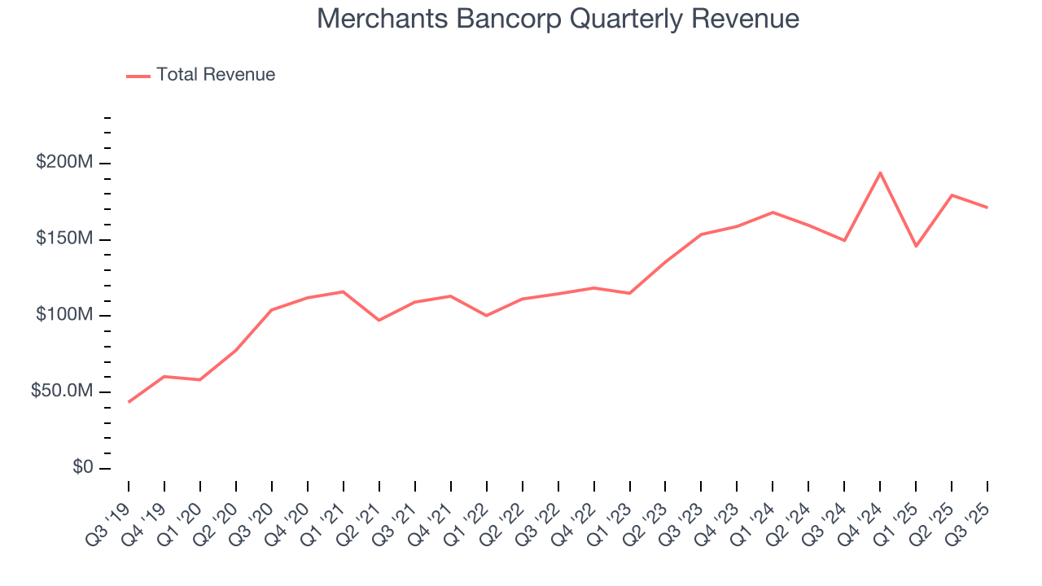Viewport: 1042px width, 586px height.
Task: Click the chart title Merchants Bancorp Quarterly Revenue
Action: click(558, 19)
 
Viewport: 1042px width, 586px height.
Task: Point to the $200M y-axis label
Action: click(63, 163)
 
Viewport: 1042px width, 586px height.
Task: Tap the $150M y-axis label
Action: click(63, 239)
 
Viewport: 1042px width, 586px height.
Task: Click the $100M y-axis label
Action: click(63, 315)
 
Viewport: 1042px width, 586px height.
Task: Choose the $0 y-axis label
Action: click(81, 468)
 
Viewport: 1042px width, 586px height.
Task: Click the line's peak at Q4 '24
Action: click(880, 173)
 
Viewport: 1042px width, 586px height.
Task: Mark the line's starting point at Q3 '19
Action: click(129, 402)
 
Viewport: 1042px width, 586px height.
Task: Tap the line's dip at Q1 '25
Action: click(916, 246)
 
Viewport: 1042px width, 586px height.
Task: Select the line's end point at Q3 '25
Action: click(987, 208)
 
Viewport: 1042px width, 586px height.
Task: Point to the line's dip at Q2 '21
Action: click(379, 320)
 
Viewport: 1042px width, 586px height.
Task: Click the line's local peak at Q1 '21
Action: click(343, 291)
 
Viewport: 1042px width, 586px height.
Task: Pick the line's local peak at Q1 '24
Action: click(773, 212)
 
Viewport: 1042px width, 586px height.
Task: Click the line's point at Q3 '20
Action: click(271, 310)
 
